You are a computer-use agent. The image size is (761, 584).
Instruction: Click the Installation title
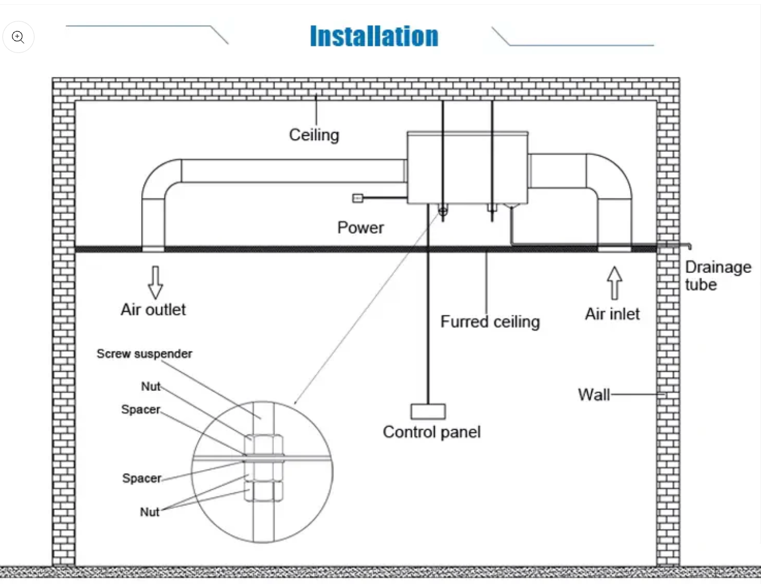tap(374, 36)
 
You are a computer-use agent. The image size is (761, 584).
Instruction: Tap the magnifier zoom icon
tap(18, 37)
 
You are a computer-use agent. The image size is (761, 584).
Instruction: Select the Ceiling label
tap(314, 135)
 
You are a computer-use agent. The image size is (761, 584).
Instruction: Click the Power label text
tap(360, 228)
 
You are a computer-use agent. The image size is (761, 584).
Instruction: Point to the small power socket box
tap(357, 198)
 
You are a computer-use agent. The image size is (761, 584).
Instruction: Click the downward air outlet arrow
tap(155, 282)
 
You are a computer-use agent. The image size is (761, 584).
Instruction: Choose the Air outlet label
tap(153, 309)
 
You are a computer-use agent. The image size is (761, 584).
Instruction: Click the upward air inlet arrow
tap(615, 282)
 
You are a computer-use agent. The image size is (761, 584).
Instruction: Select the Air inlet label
tap(612, 314)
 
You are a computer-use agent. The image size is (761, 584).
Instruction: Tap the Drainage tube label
tap(718, 275)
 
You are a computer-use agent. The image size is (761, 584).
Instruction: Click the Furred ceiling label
tap(490, 322)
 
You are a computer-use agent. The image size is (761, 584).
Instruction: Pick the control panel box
tap(428, 411)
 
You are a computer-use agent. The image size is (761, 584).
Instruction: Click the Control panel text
tap(432, 432)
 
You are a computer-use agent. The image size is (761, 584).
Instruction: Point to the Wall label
tap(594, 394)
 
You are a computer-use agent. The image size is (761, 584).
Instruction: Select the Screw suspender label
tap(145, 354)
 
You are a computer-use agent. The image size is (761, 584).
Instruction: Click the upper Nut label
tap(151, 386)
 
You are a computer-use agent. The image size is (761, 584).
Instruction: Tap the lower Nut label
tap(149, 512)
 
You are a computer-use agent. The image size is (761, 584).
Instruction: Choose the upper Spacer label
tap(141, 409)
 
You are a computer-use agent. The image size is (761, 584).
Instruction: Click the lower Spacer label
tap(142, 478)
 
